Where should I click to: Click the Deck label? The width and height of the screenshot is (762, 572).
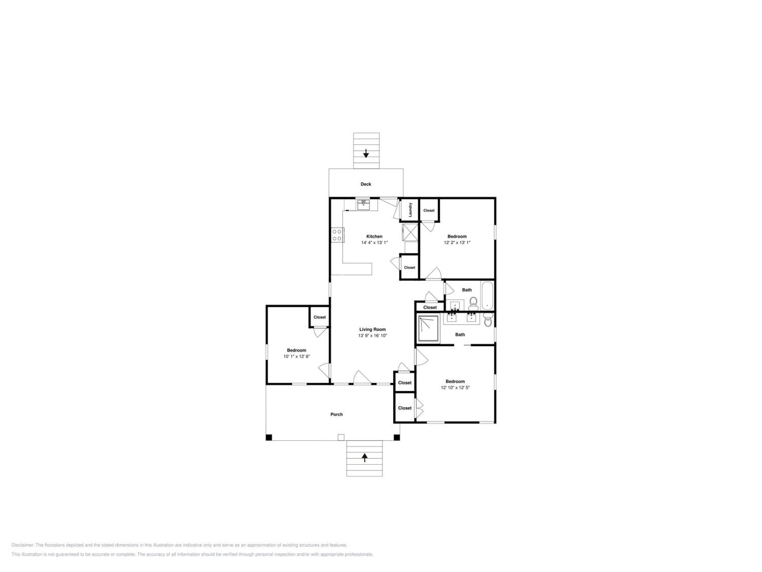366,184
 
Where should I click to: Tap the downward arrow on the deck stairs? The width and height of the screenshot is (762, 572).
366,154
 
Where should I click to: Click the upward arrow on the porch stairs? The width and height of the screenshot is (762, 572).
364,458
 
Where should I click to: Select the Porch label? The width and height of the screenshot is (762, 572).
337,414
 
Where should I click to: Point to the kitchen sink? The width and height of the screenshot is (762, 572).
363,205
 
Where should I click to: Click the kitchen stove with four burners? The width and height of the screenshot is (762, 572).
337,235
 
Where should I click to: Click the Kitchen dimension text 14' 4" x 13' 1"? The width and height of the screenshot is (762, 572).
374,242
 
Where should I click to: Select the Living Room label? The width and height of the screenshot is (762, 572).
372,329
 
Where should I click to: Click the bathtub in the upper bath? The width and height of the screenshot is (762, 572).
487,296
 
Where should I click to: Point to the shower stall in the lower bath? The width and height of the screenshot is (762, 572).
428,328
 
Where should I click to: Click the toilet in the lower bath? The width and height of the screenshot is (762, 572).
487,320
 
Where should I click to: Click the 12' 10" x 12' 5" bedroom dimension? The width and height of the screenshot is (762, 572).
455,387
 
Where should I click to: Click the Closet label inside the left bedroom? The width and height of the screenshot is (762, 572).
319,317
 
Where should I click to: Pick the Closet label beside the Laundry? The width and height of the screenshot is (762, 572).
429,210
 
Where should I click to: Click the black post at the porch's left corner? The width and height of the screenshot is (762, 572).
269,438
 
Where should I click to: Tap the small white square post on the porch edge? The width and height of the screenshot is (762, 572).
341,437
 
